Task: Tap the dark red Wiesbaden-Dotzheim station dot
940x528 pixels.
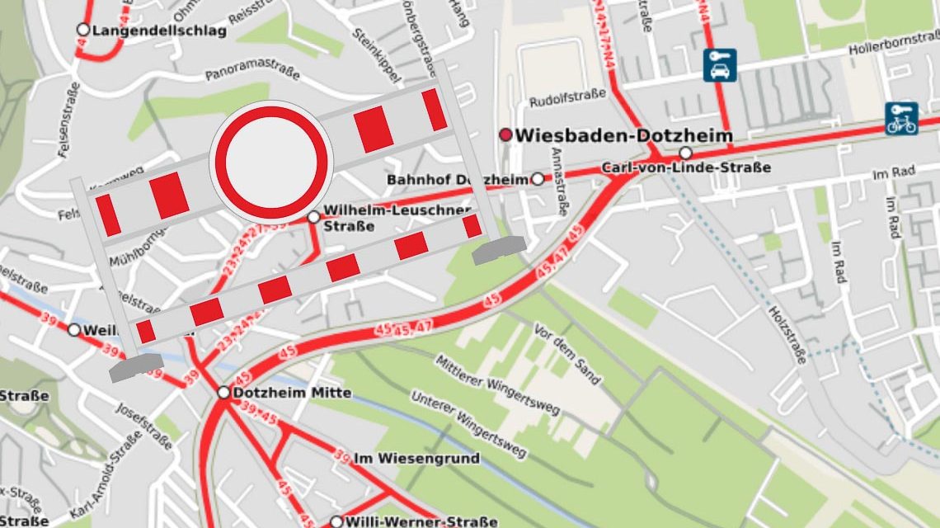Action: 505,134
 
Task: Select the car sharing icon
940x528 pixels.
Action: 720,65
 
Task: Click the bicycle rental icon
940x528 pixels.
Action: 901,118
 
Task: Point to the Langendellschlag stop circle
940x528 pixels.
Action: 82,31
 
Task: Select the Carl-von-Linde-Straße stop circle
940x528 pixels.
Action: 685,153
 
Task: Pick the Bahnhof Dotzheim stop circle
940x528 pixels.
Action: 538,179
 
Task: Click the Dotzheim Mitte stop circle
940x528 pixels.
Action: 223,393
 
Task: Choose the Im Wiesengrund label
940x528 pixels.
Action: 416,458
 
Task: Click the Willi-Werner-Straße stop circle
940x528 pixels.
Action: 336,521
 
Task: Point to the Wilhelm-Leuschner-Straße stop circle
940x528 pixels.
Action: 313,217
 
